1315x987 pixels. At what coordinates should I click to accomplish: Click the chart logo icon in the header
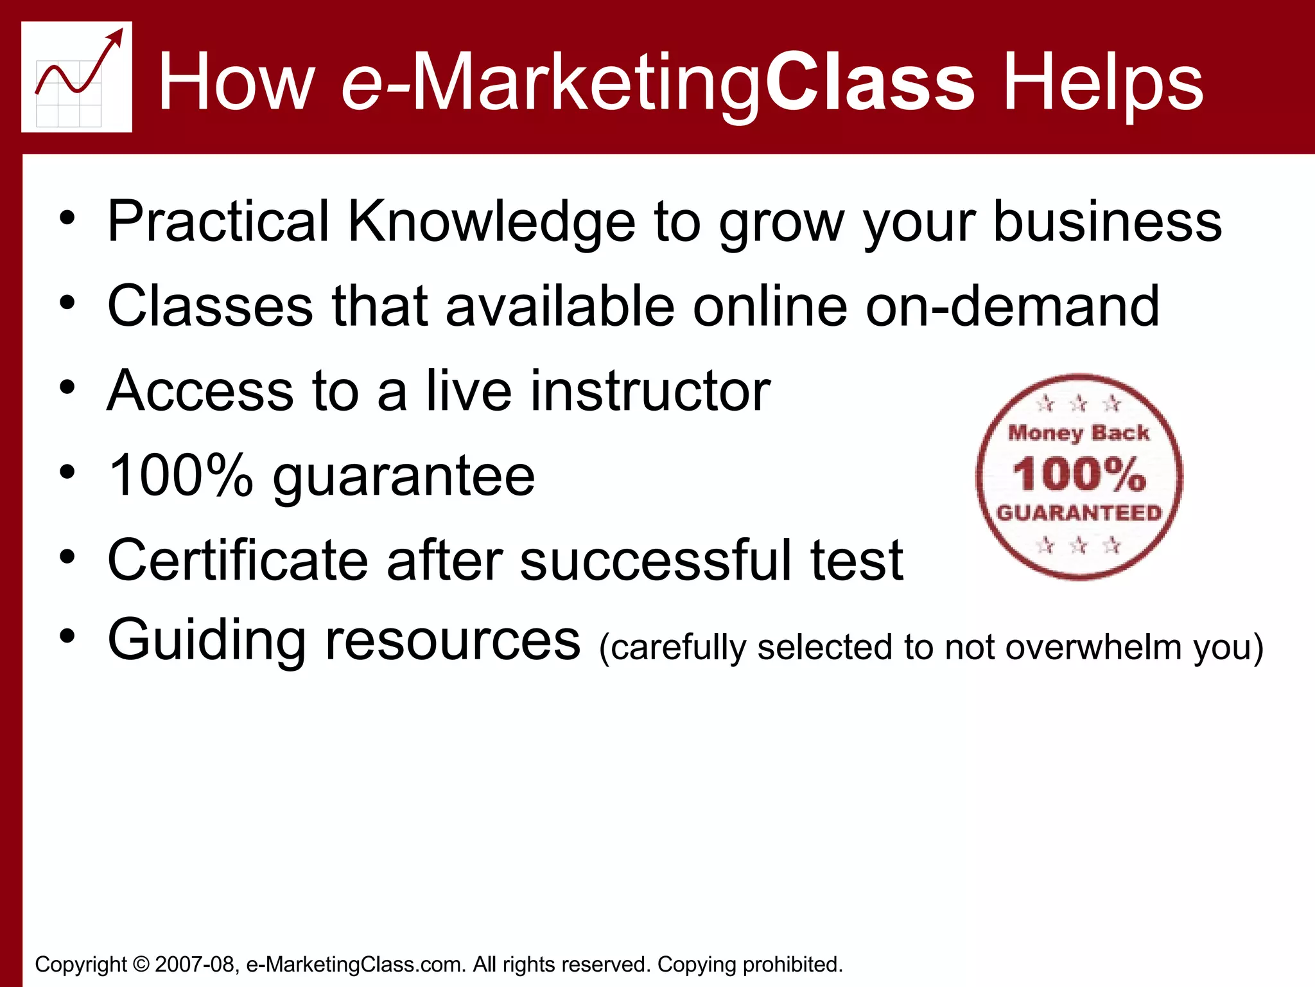click(x=76, y=77)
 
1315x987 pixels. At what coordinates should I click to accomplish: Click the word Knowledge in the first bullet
click(x=491, y=222)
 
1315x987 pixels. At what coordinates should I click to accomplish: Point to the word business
click(x=1107, y=221)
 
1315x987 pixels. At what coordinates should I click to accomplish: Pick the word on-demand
click(x=1013, y=306)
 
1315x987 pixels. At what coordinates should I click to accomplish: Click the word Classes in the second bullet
click(x=210, y=306)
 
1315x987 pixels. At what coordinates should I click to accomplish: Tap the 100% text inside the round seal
click(x=1079, y=474)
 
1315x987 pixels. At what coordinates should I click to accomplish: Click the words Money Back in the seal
click(x=1079, y=433)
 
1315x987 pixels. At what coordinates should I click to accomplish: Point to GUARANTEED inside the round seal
click(x=1079, y=512)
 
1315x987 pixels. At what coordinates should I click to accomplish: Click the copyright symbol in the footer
click(x=141, y=964)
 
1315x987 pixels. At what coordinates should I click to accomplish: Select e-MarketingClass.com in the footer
click(x=356, y=964)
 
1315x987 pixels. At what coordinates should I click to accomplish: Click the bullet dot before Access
click(x=67, y=387)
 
